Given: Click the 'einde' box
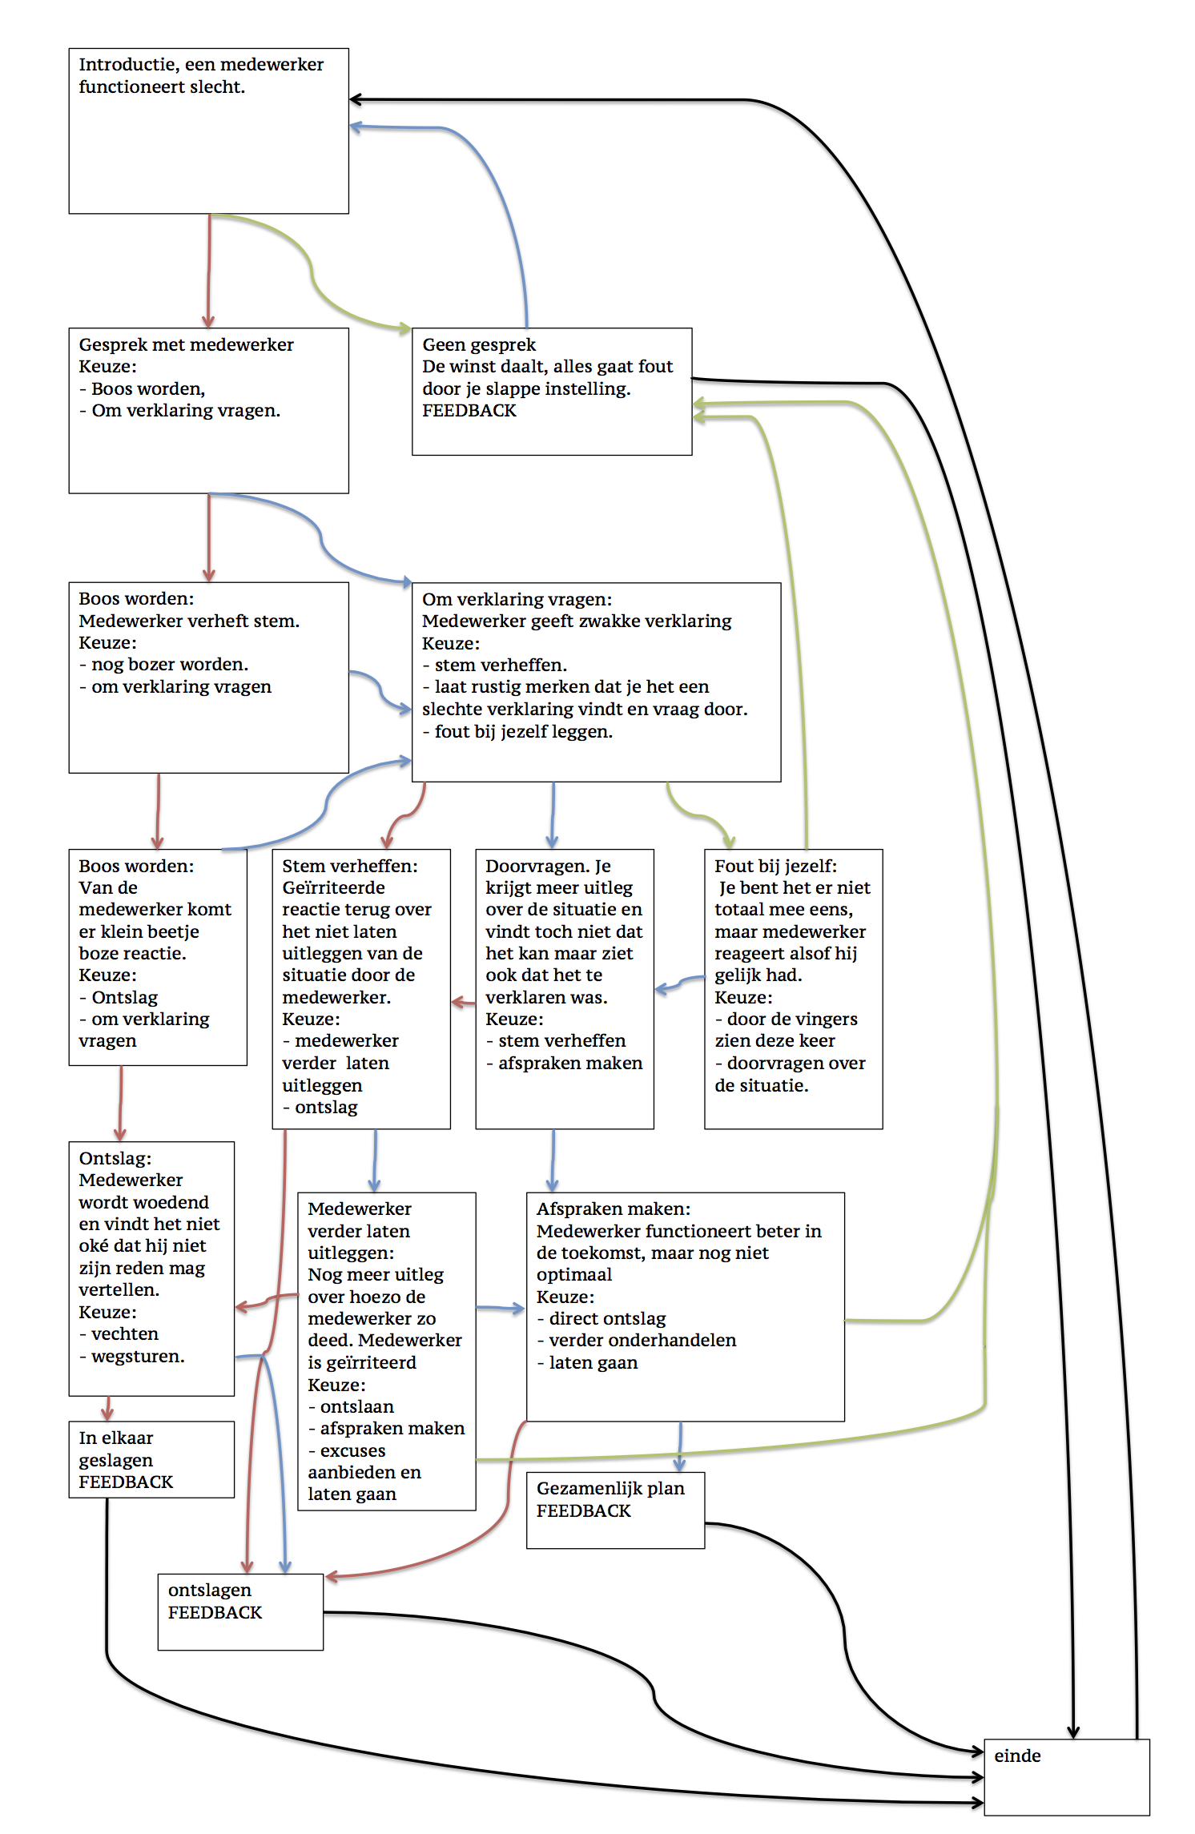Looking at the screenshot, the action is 1066,1776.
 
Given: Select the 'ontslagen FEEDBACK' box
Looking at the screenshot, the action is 240,1611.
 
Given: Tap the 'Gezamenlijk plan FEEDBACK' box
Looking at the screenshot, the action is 615,1510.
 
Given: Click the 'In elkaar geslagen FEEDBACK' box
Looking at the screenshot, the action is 151,1459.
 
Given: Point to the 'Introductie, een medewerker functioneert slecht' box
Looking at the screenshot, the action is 208,131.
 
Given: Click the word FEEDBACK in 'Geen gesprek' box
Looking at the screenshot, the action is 469,410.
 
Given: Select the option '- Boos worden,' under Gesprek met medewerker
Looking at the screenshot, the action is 142,388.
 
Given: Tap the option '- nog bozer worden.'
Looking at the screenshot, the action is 163,664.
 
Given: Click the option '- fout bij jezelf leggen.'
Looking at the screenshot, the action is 517,731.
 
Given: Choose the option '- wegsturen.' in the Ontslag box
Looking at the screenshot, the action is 131,1356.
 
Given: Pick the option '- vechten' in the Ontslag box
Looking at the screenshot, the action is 119,1333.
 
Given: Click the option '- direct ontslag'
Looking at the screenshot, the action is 601,1318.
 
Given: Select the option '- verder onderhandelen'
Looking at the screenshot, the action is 636,1340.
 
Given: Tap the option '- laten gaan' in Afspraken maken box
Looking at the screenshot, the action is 587,1362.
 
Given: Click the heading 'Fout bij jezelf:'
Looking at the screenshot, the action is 775,866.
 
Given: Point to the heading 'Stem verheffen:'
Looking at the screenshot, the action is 349,866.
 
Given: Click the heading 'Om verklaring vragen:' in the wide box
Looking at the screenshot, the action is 517,599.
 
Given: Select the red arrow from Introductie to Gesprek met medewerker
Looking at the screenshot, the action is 209,271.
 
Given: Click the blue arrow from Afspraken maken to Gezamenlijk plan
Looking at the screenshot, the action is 680,1447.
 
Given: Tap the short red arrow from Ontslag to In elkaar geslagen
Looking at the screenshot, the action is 107,1409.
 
